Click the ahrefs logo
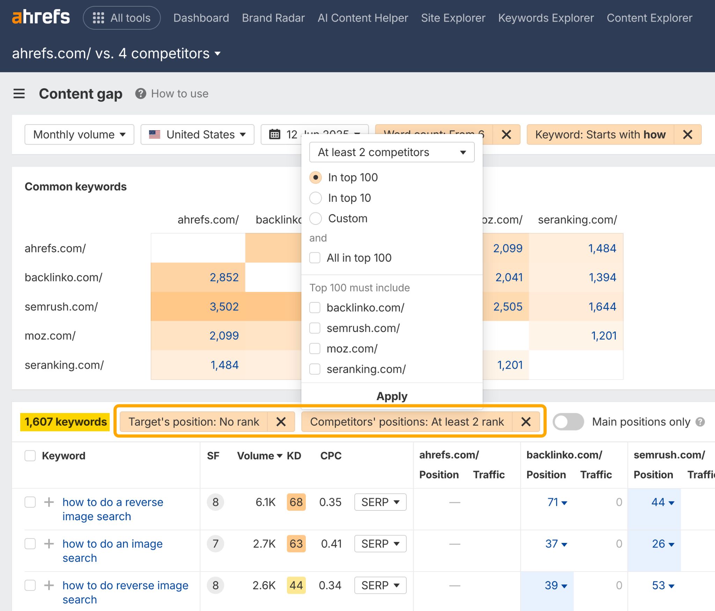click(x=41, y=17)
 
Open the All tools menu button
click(x=121, y=18)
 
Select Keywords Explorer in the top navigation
click(x=546, y=18)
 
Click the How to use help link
click(x=179, y=94)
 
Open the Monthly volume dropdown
click(x=79, y=134)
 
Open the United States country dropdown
click(x=197, y=134)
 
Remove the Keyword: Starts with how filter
click(x=687, y=134)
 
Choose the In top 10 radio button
click(x=316, y=198)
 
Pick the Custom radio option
click(x=316, y=219)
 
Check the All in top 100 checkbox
click(x=315, y=258)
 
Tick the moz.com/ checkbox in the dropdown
click(x=315, y=348)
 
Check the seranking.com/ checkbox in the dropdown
click(x=315, y=369)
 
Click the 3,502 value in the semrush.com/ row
click(x=224, y=307)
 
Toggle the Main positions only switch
click(x=568, y=422)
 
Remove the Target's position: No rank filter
click(x=281, y=422)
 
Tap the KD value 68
click(x=296, y=502)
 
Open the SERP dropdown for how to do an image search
click(x=380, y=544)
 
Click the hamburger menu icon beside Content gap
click(x=19, y=94)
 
